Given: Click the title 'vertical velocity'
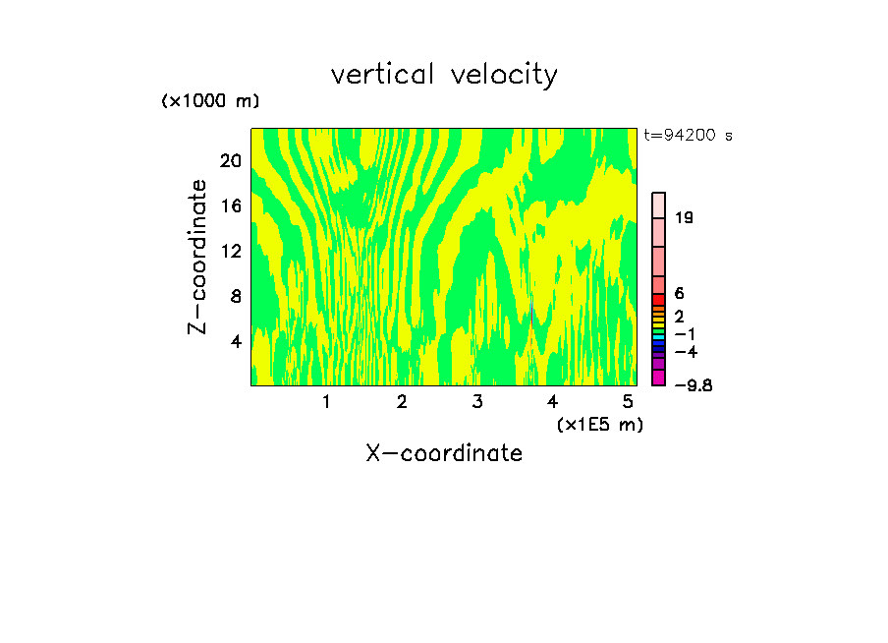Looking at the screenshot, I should point(444,75).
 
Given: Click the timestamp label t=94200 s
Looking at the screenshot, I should point(688,136).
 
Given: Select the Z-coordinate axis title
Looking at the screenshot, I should point(198,257).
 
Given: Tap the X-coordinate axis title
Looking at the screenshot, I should point(444,453).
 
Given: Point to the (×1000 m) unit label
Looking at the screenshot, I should point(210,102).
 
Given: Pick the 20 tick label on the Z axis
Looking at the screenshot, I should point(230,161).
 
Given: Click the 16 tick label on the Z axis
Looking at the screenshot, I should point(230,206).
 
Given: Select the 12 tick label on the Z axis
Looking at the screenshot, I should point(230,252).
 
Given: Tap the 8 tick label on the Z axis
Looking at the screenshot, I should point(236,296).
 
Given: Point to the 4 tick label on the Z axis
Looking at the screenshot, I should point(236,341).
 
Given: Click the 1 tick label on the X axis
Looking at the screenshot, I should point(326,402).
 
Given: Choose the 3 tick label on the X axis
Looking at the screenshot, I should point(477,402).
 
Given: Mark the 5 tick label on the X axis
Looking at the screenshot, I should point(628,402).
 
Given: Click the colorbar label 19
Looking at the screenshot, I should point(685,217).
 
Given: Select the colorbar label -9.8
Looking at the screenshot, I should point(693,384).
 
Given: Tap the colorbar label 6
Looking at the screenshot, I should point(679,294).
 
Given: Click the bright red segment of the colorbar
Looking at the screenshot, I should point(659,300).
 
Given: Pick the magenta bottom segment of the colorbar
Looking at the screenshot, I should point(659,378).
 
